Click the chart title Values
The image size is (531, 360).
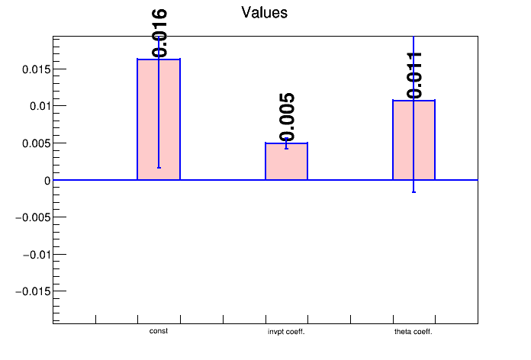(x=264, y=13)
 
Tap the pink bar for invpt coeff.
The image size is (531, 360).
(x=286, y=162)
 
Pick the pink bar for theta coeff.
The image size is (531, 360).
(x=414, y=140)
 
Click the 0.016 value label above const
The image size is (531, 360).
(x=159, y=34)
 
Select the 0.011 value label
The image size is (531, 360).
(x=414, y=75)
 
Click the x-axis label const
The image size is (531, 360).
(x=159, y=331)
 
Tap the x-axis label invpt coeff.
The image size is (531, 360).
(x=286, y=332)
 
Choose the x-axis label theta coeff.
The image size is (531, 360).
(x=414, y=332)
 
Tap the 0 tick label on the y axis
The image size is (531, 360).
(x=47, y=181)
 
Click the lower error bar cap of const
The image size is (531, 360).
(x=159, y=167)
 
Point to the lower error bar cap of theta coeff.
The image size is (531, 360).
(x=414, y=192)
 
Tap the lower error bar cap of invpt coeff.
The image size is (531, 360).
(x=286, y=148)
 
